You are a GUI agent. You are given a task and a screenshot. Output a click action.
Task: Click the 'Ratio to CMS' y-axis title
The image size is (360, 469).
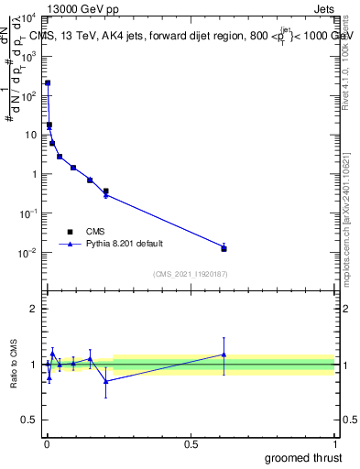pos(14,365)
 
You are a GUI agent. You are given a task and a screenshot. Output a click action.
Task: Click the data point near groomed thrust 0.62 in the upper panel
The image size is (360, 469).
pos(224,248)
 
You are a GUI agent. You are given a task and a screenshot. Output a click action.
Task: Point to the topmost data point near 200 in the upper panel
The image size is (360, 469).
pos(48,83)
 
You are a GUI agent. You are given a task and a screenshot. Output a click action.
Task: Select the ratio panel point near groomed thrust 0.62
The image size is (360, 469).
pos(224,354)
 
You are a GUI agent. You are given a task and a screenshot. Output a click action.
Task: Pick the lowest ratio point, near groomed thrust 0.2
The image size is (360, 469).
pos(106,381)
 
